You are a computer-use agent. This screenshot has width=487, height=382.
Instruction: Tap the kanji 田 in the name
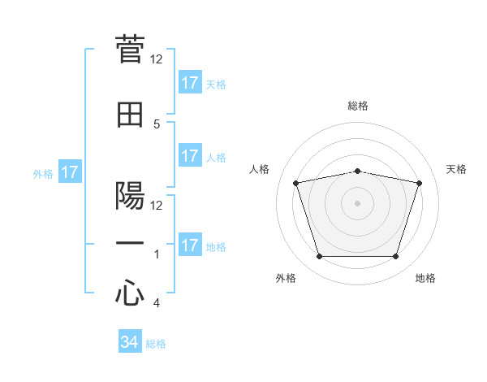(x=130, y=115)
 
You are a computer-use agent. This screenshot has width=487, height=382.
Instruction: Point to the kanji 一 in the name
(x=130, y=243)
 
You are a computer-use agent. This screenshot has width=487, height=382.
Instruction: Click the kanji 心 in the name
(x=130, y=293)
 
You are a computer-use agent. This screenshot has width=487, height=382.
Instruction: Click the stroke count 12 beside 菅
(x=157, y=59)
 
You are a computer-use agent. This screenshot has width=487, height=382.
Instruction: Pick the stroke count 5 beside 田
(x=157, y=124)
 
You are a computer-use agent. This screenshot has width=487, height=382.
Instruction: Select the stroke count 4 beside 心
(x=157, y=303)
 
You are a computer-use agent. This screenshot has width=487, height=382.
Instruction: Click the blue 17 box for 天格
(x=190, y=83)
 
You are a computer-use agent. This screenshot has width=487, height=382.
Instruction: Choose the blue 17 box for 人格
(x=190, y=156)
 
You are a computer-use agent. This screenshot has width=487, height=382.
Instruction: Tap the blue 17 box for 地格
(x=190, y=245)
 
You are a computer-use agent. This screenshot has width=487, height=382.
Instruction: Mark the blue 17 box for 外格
(x=70, y=172)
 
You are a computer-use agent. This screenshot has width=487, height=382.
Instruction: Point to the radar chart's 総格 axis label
(x=358, y=106)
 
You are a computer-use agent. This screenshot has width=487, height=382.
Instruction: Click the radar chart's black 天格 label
(x=456, y=169)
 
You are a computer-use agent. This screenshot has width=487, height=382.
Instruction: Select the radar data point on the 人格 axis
(x=296, y=183)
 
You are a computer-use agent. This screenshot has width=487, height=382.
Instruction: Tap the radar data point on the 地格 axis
(x=395, y=257)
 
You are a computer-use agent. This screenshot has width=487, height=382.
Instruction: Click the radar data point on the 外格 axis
(x=319, y=257)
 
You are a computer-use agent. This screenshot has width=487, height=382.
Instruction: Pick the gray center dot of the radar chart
(x=357, y=202)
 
